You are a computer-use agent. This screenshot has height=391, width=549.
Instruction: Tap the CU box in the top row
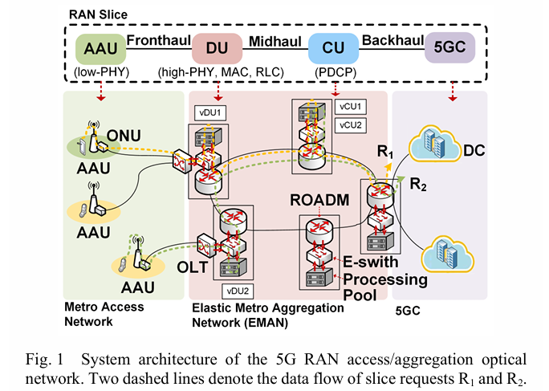335,48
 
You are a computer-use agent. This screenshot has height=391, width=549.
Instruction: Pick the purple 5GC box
450,48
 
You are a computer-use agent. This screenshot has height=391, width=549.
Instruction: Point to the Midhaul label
274,39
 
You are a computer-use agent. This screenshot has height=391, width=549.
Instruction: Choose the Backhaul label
392,39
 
